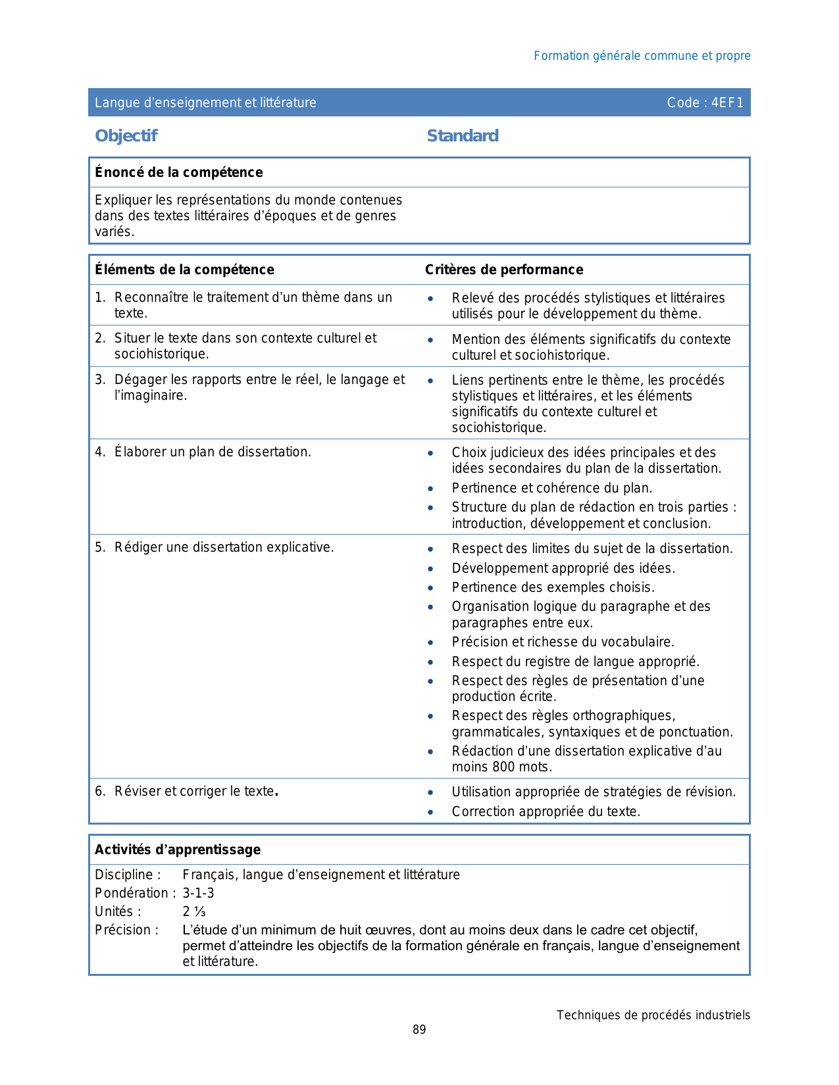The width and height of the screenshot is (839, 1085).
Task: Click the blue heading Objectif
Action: point(126,135)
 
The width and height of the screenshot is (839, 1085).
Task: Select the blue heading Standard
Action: point(463,135)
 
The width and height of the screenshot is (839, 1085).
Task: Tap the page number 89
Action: point(419,1030)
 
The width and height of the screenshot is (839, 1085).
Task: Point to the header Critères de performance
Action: point(504,270)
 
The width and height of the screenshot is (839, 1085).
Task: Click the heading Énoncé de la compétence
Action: point(178,172)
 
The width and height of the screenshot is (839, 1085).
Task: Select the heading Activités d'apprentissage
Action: point(177,850)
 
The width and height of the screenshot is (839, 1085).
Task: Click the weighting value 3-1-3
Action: point(198,893)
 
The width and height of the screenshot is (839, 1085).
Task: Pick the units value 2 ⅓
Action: point(194,911)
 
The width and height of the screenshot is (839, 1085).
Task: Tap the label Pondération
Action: point(132,893)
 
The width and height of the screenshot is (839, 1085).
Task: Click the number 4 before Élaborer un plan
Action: point(99,452)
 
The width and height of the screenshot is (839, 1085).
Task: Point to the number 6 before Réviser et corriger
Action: point(99,791)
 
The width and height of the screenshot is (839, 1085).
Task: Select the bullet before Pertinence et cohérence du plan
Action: point(430,489)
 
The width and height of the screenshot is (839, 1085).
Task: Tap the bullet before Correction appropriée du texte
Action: point(430,812)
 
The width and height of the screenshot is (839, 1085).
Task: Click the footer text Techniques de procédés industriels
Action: point(653,1015)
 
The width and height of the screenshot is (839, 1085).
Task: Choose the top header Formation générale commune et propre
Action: point(642,56)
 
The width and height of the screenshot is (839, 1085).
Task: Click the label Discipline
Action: point(127,875)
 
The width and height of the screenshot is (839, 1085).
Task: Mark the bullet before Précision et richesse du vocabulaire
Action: point(430,642)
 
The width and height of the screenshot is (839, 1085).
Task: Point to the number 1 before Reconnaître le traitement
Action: point(99,297)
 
